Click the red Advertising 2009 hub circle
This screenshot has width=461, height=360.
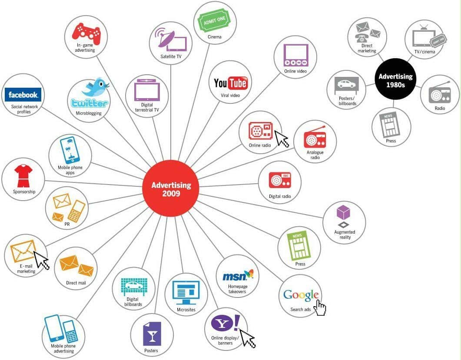tap(171, 188)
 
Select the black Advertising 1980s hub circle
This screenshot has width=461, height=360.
tap(395, 80)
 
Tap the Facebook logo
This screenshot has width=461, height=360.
tap(23, 95)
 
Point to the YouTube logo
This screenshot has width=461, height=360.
tap(230, 83)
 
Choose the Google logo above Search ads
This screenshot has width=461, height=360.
tap(301, 295)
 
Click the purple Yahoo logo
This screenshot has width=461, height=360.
tap(225, 324)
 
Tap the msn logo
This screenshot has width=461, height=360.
tap(237, 275)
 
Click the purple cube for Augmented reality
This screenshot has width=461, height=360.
tap(343, 213)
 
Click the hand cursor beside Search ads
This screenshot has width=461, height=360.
tap(321, 308)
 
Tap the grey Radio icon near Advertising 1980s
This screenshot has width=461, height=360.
tap(439, 93)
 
